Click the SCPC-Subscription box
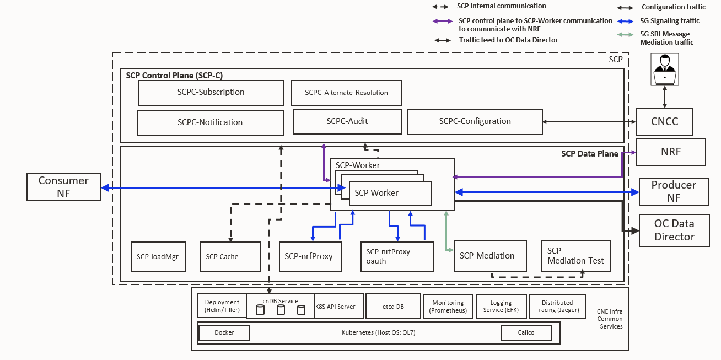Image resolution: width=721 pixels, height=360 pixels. click(x=211, y=93)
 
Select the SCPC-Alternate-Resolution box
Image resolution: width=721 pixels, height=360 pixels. click(x=346, y=93)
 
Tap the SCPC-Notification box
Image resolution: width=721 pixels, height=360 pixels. click(x=210, y=122)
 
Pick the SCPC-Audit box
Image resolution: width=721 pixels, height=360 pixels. click(x=347, y=121)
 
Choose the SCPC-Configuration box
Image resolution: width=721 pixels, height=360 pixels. click(x=475, y=121)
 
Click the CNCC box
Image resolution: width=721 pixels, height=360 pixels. click(x=664, y=122)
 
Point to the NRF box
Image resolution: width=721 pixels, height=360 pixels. click(x=670, y=152)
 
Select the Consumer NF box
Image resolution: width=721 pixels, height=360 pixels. click(x=63, y=187)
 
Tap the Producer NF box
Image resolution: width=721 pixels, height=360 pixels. click(x=673, y=191)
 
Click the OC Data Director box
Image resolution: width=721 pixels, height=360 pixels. click(x=674, y=230)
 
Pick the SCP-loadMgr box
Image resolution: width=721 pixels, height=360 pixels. click(x=158, y=256)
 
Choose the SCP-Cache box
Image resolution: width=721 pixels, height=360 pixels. click(x=230, y=256)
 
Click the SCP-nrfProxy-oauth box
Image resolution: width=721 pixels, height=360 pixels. click(x=397, y=256)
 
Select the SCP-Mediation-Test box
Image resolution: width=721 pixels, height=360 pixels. click(x=575, y=256)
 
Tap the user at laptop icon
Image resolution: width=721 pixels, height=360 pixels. click(x=665, y=70)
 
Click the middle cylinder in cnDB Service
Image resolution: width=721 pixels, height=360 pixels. click(x=281, y=310)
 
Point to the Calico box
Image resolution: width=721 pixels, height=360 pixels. click(x=526, y=333)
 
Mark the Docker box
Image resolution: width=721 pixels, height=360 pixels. click(x=224, y=333)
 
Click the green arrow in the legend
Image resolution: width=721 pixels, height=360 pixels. click(x=625, y=35)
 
